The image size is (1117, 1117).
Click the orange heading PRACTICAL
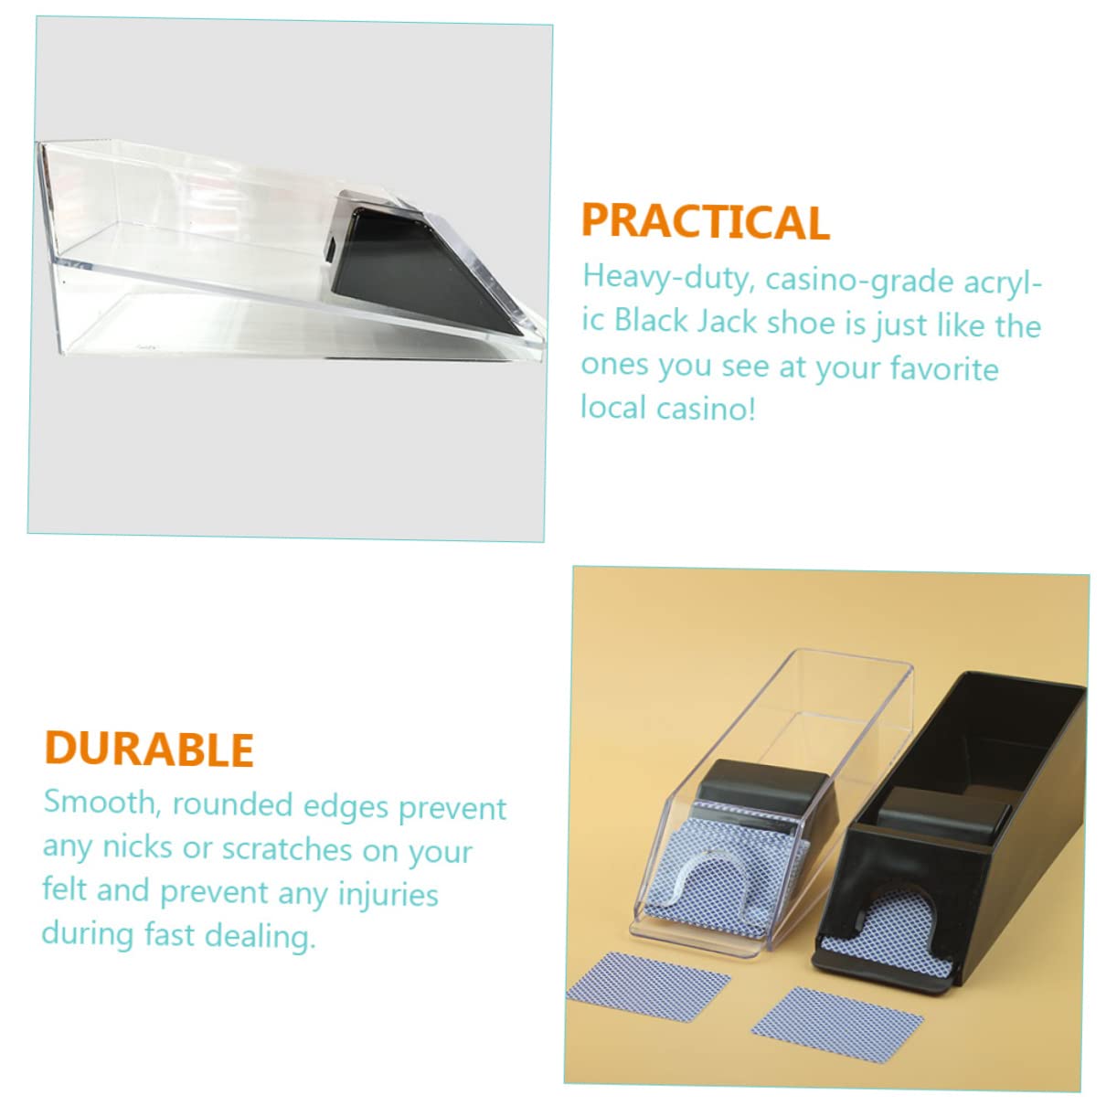coord(705,221)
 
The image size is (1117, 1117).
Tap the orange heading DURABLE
coord(149,749)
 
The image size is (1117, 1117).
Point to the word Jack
coord(727,322)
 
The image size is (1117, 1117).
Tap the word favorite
coord(944,368)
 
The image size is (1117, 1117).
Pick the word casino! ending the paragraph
coord(706,408)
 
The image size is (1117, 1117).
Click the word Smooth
coord(100,803)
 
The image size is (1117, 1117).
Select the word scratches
coord(287,849)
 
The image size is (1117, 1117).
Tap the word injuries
coord(388,894)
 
